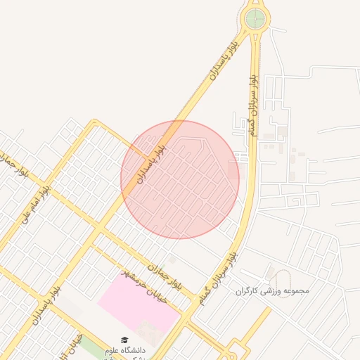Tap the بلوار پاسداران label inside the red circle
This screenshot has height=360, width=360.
(152, 162)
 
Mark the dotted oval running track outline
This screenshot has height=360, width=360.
(281, 277)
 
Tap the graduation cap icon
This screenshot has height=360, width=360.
(124, 339)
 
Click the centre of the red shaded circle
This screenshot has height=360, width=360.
(180, 179)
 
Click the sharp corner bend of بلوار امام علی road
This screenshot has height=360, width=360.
(94, 122)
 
